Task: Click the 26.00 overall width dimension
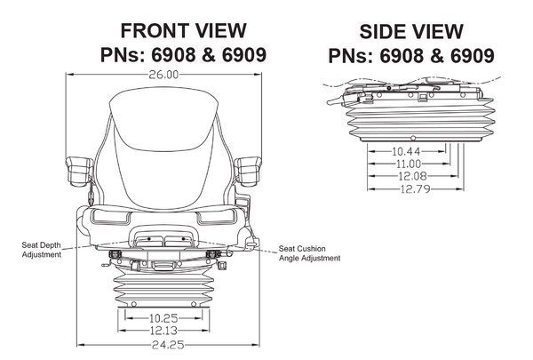pos(163,75)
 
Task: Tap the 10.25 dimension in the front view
pos(163,318)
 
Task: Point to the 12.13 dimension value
pos(163,331)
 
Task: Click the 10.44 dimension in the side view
pos(407,151)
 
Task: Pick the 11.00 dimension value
pos(409,164)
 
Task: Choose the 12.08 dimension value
pos(412,176)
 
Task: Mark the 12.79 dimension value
pos(416,188)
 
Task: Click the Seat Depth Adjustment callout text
pos(42,250)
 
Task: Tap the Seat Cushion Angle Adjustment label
pos(309,253)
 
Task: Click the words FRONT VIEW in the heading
pos(184,30)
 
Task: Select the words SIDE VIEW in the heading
pos(411,32)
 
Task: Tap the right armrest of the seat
pos(248,172)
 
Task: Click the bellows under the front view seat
pos(163,287)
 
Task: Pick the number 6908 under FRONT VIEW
pos(173,55)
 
